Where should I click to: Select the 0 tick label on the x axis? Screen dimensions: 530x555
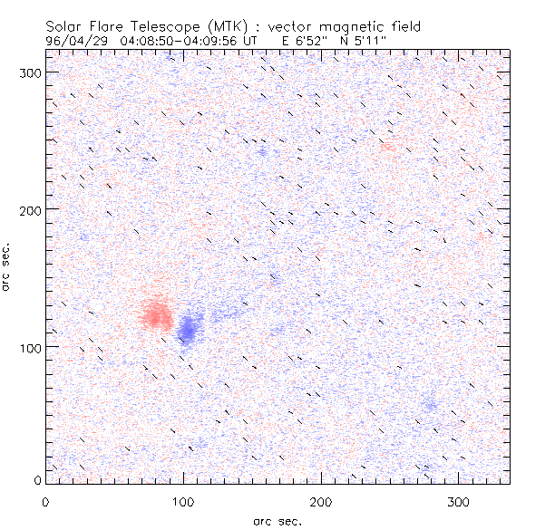point(45,501)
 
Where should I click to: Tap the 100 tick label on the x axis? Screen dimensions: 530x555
point(183,501)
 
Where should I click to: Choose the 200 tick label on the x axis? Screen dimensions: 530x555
point(321,501)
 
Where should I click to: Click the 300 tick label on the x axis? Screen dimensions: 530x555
point(459,501)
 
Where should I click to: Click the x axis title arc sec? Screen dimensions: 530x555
point(277,520)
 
